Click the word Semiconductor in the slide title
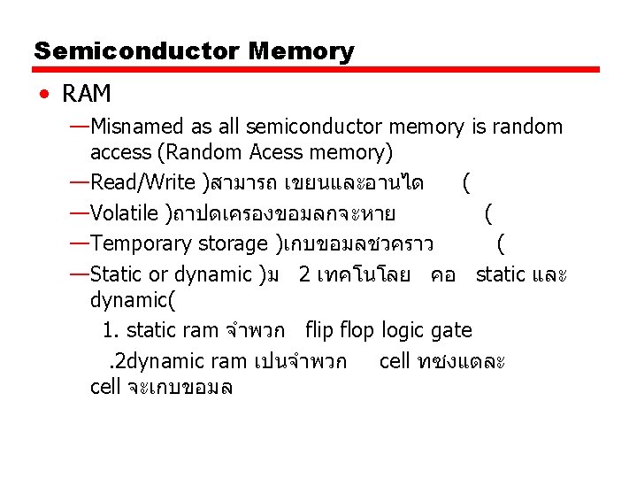coord(137,50)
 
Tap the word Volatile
coord(127,213)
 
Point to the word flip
coord(322,330)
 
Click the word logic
coord(403,330)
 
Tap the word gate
coord(451,330)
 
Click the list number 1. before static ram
coord(111,330)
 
